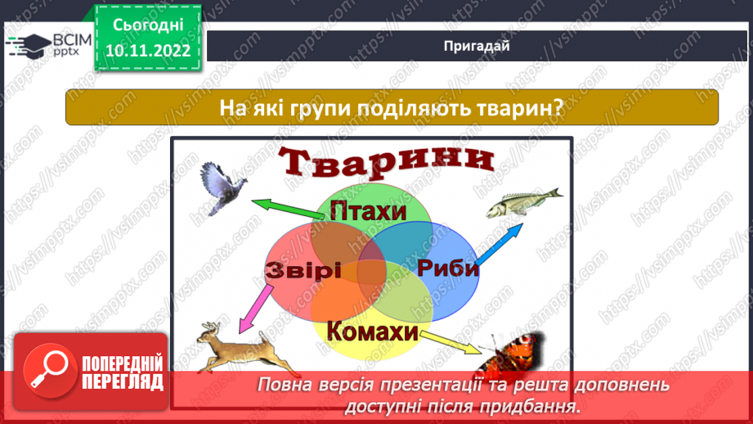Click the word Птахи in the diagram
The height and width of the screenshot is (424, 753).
point(368,212)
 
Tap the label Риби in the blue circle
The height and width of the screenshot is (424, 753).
point(447,268)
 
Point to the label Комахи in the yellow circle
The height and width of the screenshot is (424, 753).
point(366,332)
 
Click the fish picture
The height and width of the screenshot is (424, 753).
point(523,205)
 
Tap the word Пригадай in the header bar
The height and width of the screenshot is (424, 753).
point(477,46)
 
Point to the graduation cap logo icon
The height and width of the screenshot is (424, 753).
point(27,46)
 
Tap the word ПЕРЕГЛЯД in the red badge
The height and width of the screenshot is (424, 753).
point(122,381)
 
